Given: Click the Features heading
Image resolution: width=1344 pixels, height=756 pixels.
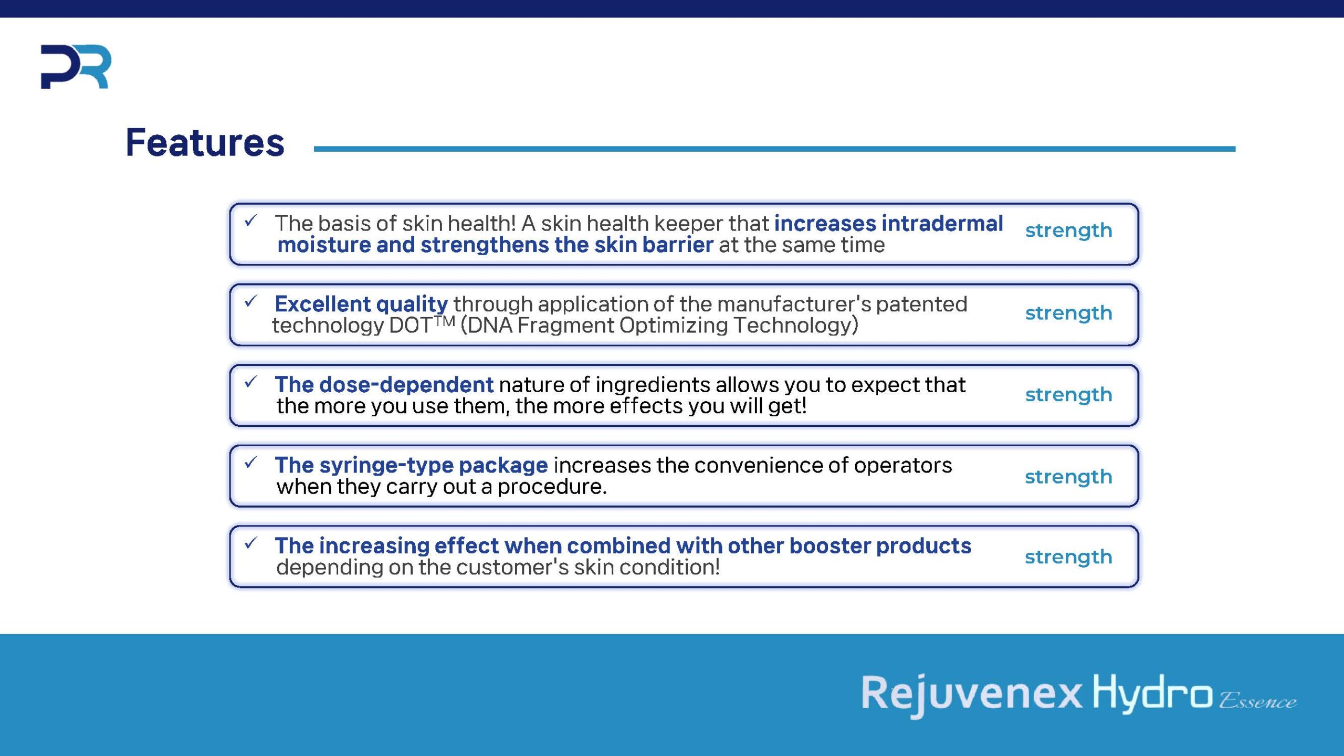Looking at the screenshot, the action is [205, 142].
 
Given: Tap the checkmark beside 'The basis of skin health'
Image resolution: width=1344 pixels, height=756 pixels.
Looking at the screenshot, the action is [251, 220].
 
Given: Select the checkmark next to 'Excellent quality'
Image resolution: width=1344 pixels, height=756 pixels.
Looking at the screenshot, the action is [251, 301].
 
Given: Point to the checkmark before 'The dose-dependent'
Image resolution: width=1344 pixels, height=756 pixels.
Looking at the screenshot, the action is [251, 382].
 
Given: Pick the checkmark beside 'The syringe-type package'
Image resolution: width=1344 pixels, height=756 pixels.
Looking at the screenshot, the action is [251, 463].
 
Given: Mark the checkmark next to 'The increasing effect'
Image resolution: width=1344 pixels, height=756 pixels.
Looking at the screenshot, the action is [251, 543].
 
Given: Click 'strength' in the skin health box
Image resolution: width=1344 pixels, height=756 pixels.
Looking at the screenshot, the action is [1068, 230].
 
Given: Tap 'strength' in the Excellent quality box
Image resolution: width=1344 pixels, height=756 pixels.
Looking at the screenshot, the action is [1068, 313].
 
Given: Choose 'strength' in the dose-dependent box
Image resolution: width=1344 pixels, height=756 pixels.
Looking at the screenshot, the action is [1068, 395].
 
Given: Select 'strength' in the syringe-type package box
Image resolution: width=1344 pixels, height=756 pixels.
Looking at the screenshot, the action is [1068, 477].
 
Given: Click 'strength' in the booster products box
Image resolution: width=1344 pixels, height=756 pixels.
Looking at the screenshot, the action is [1068, 557].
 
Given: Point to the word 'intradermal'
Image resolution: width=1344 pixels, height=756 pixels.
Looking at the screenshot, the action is [942, 223].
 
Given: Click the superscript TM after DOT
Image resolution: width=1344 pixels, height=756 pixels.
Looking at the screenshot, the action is [445, 320].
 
